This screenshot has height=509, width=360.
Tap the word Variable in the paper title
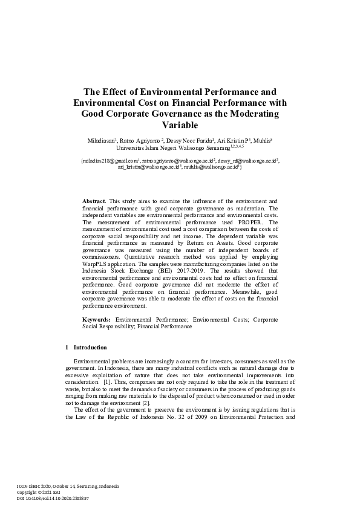[x=180, y=125]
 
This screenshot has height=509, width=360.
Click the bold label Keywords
[x=96, y=319]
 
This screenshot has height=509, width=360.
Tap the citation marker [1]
[x=107, y=383]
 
